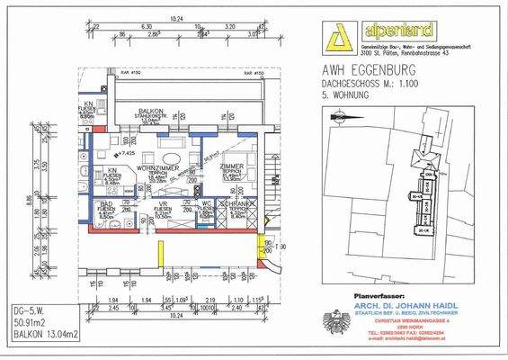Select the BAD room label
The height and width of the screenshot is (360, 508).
pos(107,205)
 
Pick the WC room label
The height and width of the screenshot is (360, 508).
pos(205,205)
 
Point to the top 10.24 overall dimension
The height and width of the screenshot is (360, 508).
pos(174,18)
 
